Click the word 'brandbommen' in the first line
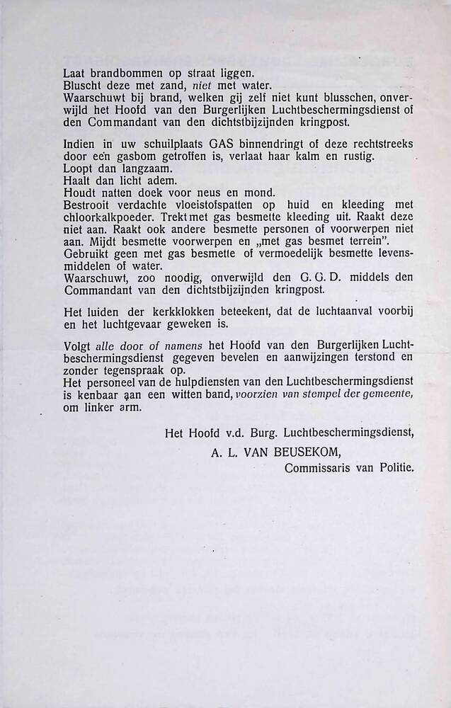[118, 72]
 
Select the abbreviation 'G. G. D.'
[332, 278]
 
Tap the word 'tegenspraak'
[131, 369]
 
